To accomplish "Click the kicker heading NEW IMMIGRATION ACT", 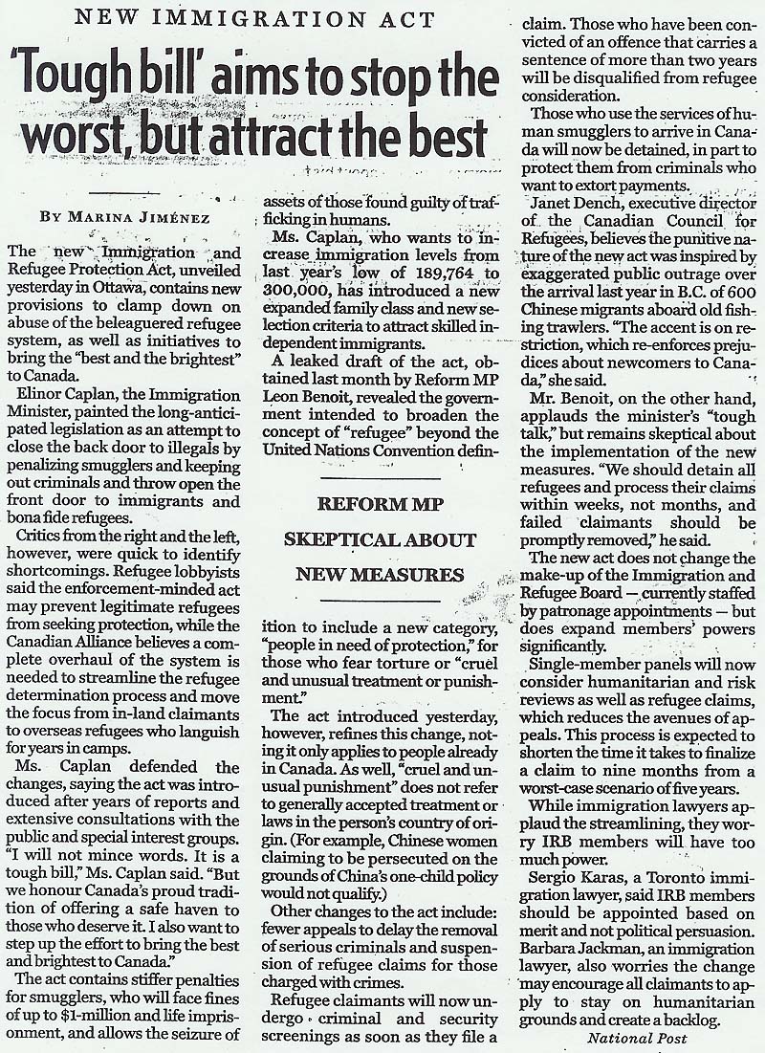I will tap(251, 18).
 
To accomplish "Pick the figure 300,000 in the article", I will tap(300, 292).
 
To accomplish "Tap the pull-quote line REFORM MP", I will tap(381, 504).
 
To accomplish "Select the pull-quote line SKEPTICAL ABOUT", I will tap(381, 540).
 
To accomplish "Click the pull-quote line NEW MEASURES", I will tap(381, 575).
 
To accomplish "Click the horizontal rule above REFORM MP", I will tap(381, 476).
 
